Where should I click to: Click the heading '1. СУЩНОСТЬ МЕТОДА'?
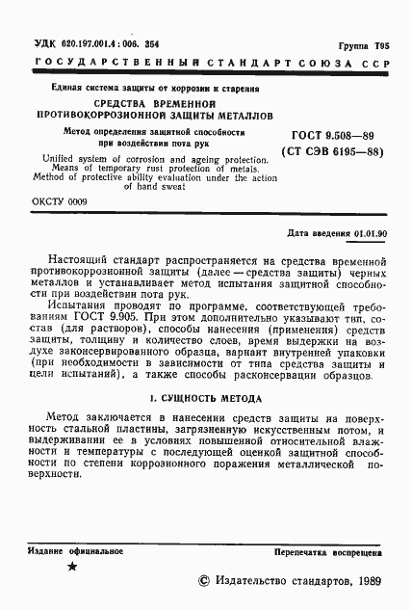point(208,399)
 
